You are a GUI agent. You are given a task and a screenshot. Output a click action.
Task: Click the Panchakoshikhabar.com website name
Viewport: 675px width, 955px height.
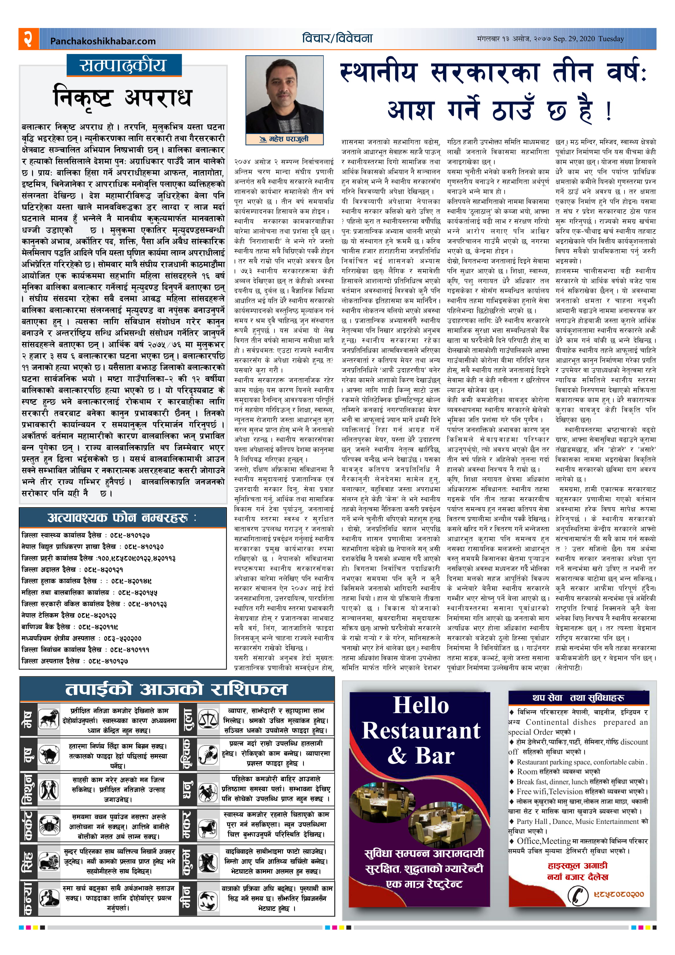tap(103, 41)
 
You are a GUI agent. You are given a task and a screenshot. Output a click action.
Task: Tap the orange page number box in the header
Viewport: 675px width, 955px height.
tap(28, 39)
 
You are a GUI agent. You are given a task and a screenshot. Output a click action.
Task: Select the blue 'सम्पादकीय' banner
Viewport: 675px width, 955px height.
tap(124, 65)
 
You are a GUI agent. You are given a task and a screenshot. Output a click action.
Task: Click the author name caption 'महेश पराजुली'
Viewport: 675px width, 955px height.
tap(285, 139)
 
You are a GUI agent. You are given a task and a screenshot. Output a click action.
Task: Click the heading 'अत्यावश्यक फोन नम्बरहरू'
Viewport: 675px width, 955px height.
tap(122, 518)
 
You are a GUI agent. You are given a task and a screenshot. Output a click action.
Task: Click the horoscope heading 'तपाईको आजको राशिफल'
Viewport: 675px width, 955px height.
tap(176, 689)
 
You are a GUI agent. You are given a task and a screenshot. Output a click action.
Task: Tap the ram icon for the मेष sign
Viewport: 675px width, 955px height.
tap(49, 719)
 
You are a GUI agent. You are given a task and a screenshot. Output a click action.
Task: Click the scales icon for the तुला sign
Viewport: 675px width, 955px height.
tap(208, 719)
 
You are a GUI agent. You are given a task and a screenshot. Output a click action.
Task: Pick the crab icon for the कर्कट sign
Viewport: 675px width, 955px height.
tap(49, 825)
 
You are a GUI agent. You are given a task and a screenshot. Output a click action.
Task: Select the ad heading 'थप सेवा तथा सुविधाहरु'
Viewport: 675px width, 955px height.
tap(578, 697)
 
